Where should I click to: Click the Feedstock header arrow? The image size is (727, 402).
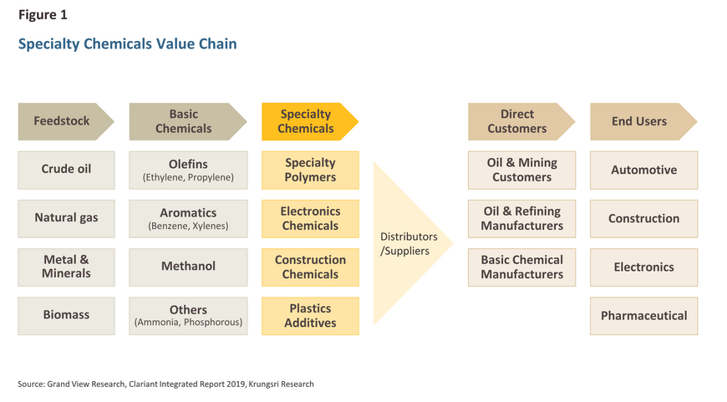[x=66, y=121]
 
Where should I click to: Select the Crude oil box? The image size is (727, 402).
[x=66, y=170]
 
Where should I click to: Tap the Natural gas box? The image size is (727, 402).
[x=66, y=218]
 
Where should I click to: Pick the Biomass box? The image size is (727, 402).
[x=66, y=316]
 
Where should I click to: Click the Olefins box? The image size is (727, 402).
[x=188, y=170]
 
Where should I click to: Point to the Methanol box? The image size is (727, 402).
[x=188, y=267]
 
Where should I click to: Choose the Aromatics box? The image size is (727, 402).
[x=188, y=218]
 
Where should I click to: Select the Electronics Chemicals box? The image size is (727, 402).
[x=310, y=218]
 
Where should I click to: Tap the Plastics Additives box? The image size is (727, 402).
[x=310, y=316]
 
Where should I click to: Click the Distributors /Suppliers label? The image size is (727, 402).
[x=409, y=244]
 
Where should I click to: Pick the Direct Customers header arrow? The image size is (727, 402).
[x=521, y=121]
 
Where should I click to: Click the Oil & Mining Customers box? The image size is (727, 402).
[x=521, y=170]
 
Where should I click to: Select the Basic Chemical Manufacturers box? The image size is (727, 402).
[x=521, y=267]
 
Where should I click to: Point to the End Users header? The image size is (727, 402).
[x=643, y=121]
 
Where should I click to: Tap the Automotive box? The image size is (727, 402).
[x=644, y=170]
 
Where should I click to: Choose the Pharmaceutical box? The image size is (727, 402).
[x=644, y=316]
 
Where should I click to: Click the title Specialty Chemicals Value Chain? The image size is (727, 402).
[x=128, y=44]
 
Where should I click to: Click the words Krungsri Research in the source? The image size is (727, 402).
[x=281, y=384]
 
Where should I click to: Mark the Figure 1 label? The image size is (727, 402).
[x=43, y=15]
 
